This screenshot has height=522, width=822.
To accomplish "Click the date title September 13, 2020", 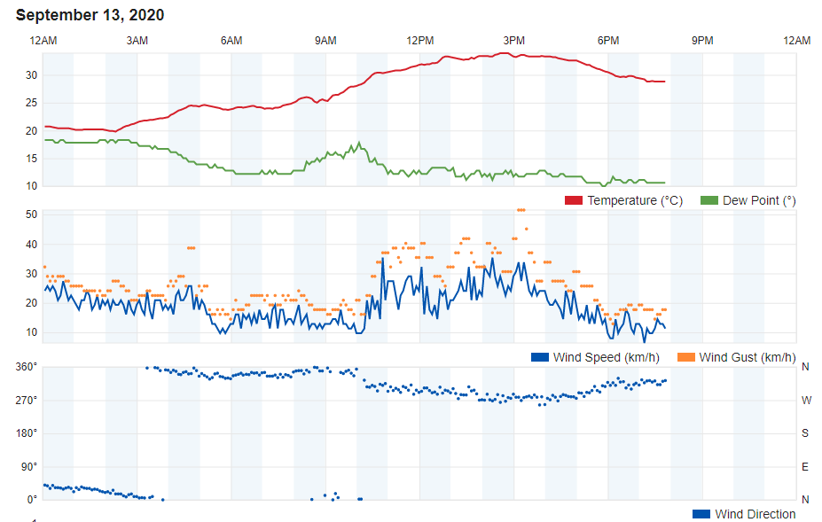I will pos(90,15).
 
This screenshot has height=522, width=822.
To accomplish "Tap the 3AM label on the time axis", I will pos(137,41).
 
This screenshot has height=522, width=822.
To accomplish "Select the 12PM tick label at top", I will pos(419,41).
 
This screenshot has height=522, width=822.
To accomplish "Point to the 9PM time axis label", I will pos(702,41).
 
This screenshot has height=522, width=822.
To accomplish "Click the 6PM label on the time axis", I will pos(608,41).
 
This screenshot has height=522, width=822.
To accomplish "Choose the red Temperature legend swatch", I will pos(574,200).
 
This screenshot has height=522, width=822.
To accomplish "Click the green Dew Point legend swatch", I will pos(709,200).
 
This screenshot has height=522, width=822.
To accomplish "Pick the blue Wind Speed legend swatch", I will pos(540,357).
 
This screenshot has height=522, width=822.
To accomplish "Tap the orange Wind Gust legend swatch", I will pos(686,357).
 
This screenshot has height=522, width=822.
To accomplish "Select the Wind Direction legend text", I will pos(755,514).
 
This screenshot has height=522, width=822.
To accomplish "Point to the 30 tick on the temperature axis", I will pos(31,75).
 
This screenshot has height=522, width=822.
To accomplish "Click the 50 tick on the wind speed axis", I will pos(31,214).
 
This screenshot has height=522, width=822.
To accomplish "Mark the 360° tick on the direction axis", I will pos(27,367).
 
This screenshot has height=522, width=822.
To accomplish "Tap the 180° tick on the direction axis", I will pos(27,433).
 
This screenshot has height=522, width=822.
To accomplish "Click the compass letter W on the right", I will pos(806,401).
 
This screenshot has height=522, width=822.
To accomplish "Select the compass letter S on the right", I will pos(806,433).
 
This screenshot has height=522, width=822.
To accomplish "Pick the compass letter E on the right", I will pos(806,466).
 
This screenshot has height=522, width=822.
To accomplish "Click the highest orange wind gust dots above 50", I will pos(521,210).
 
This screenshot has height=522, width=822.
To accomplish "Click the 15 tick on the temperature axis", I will pos(31,159).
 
